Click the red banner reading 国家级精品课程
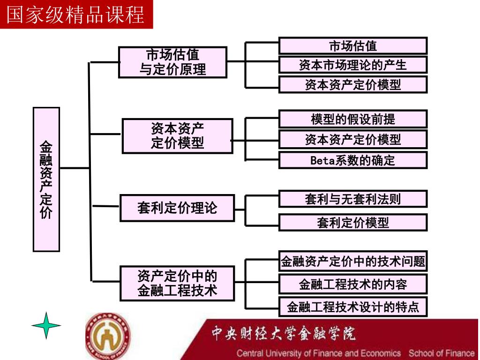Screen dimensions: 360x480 click(76, 14)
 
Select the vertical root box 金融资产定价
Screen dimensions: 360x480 click(46, 179)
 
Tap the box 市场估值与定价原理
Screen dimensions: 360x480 click(172, 62)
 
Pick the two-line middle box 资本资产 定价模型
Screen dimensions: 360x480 click(177, 136)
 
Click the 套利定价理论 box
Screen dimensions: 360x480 click(177, 207)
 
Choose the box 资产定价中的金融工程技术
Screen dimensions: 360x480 click(177, 283)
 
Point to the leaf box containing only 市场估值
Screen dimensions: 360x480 click(353, 46)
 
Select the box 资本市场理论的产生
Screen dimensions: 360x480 click(353, 65)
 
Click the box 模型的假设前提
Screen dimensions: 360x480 click(353, 119)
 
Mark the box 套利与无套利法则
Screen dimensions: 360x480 click(353, 199)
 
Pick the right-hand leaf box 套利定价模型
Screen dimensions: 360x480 click(353, 223)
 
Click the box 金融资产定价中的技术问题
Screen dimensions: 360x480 click(353, 261)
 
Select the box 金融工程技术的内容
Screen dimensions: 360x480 click(353, 284)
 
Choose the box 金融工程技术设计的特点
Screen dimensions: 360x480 click(353, 307)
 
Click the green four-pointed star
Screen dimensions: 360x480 click(46, 325)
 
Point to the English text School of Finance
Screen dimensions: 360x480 click(442, 353)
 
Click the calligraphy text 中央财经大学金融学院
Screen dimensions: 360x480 click(283, 333)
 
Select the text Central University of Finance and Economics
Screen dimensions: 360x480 click(319, 353)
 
